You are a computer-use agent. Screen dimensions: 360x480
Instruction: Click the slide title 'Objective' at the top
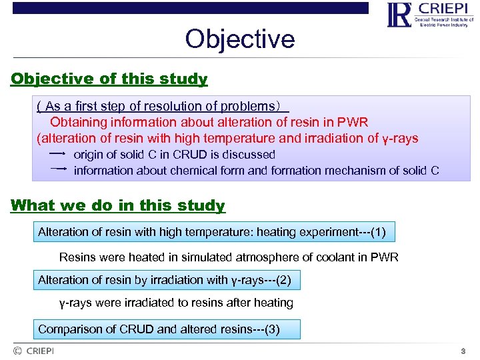click(x=239, y=39)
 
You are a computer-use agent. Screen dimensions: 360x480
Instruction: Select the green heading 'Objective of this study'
click(x=109, y=79)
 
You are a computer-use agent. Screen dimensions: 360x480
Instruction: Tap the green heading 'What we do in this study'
click(x=118, y=205)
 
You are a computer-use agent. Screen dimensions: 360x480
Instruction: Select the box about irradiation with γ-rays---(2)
click(x=165, y=280)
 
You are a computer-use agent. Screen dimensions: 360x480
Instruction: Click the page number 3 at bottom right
click(x=463, y=351)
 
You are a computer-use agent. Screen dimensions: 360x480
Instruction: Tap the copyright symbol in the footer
click(x=17, y=351)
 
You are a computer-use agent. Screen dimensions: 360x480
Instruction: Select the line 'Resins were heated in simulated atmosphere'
click(x=229, y=257)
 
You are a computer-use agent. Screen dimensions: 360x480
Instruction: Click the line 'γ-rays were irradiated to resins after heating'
click(x=176, y=303)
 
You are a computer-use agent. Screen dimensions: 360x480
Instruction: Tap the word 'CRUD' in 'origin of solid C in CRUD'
click(x=190, y=154)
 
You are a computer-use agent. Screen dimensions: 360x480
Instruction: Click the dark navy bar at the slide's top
click(x=190, y=8)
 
